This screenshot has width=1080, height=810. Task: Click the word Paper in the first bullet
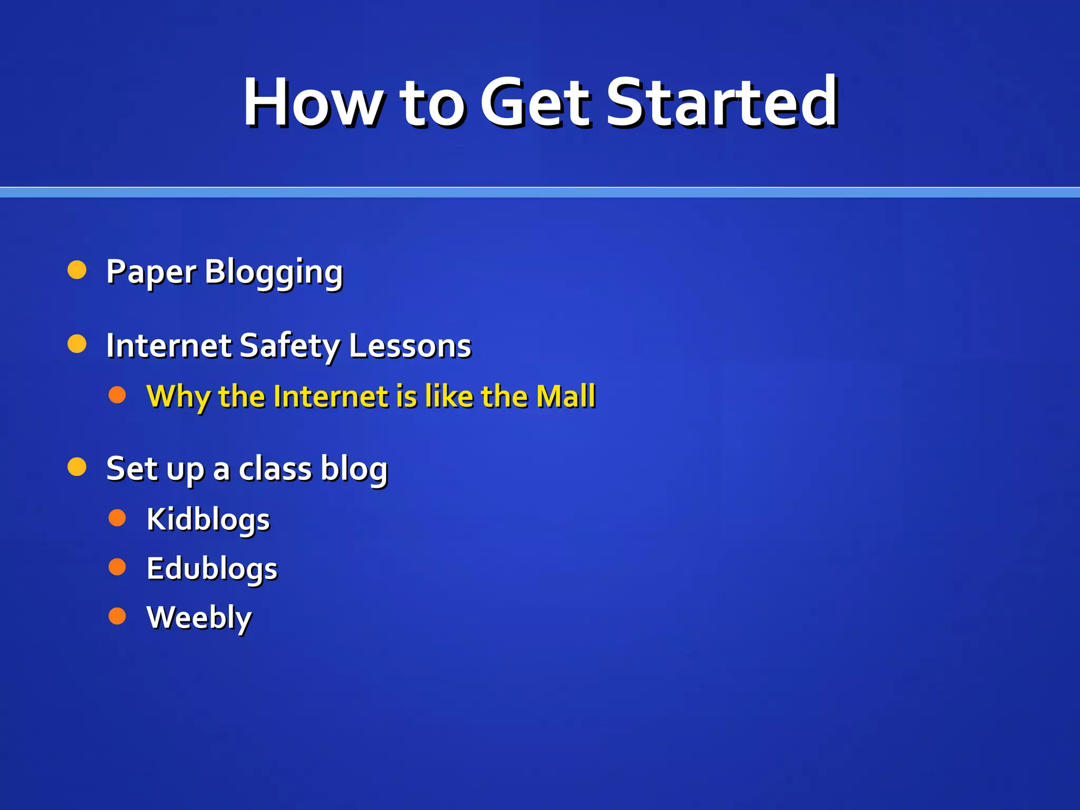tap(151, 272)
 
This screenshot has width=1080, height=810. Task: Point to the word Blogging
tap(274, 272)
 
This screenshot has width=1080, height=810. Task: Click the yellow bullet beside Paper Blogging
tap(77, 270)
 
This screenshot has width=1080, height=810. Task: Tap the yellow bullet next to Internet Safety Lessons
tap(77, 344)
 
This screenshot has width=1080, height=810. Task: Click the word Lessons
tap(410, 346)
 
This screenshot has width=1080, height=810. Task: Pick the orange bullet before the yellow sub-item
tap(117, 395)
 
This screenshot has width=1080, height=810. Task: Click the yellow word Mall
tap(565, 396)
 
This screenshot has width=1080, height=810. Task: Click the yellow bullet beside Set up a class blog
tap(77, 467)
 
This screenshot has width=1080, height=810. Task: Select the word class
tap(275, 469)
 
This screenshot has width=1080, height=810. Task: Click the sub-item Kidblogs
tap(208, 519)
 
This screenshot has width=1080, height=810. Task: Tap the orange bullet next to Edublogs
tap(117, 567)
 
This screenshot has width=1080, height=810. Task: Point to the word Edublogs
tap(212, 569)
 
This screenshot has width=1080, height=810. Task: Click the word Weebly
tap(199, 618)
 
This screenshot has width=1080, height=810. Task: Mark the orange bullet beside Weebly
tap(117, 616)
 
